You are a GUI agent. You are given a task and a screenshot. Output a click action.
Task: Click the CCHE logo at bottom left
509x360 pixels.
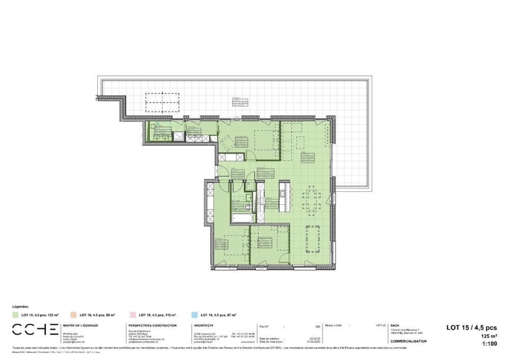click(35, 329)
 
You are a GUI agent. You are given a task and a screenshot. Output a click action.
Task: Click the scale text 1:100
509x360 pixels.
click(489, 344)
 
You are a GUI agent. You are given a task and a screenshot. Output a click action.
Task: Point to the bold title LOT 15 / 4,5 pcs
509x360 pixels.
click(471, 328)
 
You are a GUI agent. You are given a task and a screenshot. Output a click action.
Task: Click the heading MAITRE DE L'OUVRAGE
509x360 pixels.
click(80, 325)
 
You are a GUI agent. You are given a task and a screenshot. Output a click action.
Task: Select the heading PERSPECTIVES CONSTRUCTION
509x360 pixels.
click(153, 325)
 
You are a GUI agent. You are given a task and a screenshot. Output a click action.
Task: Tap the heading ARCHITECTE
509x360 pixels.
click(204, 325)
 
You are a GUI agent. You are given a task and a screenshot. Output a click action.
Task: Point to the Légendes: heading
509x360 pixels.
click(21, 308)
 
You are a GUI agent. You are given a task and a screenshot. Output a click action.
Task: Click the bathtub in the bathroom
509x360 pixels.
click(242, 218)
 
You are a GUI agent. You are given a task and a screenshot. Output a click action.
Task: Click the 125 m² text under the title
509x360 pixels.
click(489, 337)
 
